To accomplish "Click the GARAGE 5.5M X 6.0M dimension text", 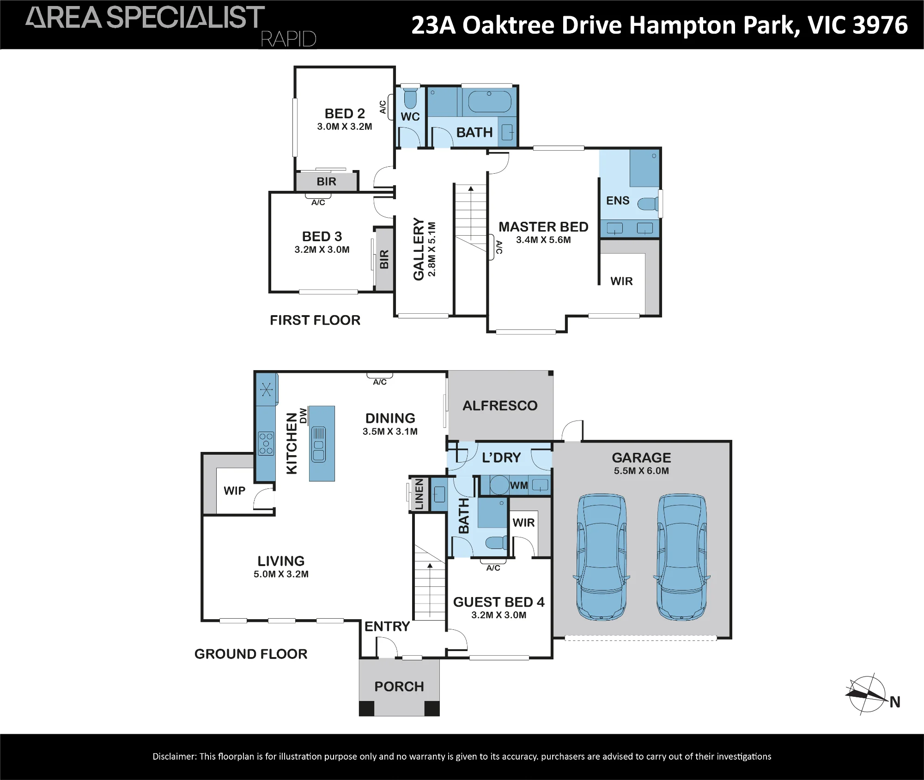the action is click(x=641, y=471).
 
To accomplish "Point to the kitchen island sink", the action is click(x=319, y=445).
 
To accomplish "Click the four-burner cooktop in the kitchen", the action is click(x=266, y=443).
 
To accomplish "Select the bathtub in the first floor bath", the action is click(x=490, y=102).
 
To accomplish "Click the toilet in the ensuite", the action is click(x=648, y=203).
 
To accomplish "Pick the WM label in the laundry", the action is click(x=519, y=486).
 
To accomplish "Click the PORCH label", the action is click(x=399, y=687).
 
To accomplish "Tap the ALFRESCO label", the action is click(x=500, y=406).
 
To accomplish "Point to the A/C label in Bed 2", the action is click(x=383, y=107).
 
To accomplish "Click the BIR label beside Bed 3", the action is click(x=384, y=259).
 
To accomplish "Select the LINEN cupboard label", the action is click(x=419, y=494).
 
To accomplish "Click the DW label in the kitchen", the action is click(x=303, y=415).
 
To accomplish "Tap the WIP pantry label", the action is click(x=234, y=491).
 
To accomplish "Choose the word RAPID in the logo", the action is click(x=288, y=39).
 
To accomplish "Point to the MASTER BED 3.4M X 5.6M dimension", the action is click(x=543, y=240).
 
